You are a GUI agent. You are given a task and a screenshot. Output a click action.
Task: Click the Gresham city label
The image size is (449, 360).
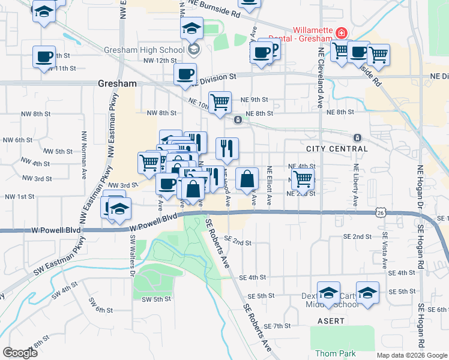pos(116,85)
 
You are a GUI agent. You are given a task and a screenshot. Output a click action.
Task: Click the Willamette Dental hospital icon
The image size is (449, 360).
pos(341,32)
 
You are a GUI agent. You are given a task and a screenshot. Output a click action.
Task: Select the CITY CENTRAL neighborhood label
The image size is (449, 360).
pos(336,148)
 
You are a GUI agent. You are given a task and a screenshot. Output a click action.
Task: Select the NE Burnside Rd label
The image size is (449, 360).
pos(214,7)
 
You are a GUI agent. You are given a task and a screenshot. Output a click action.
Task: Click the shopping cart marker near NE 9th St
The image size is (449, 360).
pos(220,101)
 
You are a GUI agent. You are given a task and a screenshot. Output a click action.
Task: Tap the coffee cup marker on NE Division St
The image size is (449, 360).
pos(185,74)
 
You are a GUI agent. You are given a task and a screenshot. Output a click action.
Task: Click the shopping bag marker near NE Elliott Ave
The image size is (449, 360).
pos(247,178)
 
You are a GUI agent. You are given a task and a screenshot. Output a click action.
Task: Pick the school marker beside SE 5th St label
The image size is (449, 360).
pos(367,292)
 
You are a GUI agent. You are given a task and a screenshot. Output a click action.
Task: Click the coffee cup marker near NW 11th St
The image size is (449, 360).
pos(44,56)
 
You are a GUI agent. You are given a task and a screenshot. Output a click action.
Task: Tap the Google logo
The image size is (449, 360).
pos(20,353)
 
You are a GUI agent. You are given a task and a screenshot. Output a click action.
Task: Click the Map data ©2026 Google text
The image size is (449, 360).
pos(412,355)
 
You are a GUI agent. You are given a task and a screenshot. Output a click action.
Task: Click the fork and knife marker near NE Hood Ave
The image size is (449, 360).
pos(227,148)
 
